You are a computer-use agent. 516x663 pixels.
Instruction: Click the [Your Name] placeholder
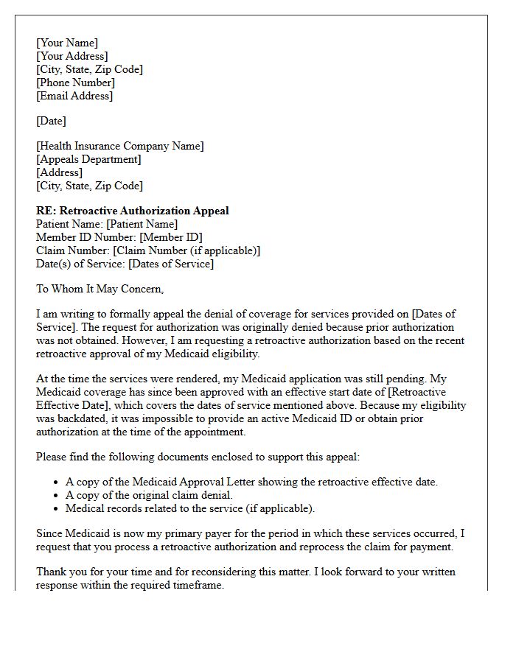click(x=67, y=43)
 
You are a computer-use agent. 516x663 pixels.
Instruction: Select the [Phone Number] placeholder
click(x=75, y=83)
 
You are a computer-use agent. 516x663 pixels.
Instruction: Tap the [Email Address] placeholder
click(x=74, y=96)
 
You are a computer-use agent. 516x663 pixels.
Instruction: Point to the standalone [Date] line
click(x=51, y=121)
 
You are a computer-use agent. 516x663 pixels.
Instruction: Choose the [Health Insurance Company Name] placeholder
click(x=120, y=146)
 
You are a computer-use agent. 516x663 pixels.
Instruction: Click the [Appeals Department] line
click(x=88, y=159)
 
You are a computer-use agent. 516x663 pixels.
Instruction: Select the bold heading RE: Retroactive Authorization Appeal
click(x=133, y=211)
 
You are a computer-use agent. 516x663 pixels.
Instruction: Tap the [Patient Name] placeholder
click(x=142, y=224)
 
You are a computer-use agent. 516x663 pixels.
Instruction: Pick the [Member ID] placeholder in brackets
click(x=170, y=237)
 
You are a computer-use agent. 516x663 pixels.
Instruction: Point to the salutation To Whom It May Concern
click(x=100, y=289)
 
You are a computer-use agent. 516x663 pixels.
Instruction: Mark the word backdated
click(x=88, y=418)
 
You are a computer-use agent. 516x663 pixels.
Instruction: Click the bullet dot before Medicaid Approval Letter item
click(x=57, y=483)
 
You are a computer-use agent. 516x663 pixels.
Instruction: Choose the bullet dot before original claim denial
click(x=57, y=496)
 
